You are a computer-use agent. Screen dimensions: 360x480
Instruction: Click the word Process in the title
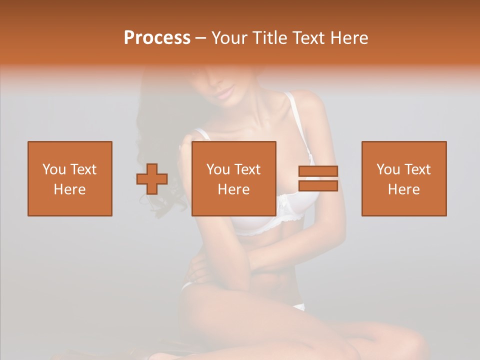point(157,38)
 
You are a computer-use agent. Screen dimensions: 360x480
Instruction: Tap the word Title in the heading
point(270,38)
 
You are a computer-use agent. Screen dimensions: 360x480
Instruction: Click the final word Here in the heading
point(349,38)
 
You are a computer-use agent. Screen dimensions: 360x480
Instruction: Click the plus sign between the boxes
point(152,179)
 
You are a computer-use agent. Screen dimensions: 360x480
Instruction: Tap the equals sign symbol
point(318,178)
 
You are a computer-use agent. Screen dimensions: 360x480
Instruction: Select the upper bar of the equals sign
point(318,171)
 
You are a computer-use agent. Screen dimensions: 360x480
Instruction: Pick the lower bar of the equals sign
point(318,185)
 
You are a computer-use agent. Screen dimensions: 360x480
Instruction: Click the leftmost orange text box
point(69,178)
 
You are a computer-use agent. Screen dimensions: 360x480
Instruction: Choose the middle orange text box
point(233,178)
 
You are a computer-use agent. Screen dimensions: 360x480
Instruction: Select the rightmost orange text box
point(403,178)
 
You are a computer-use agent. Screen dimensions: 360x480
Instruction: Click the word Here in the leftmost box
point(69,189)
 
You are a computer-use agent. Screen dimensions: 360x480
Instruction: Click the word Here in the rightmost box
point(403,189)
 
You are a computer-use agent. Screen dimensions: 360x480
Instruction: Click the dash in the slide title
point(201,38)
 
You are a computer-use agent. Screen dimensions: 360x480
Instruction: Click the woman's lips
point(225,91)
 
